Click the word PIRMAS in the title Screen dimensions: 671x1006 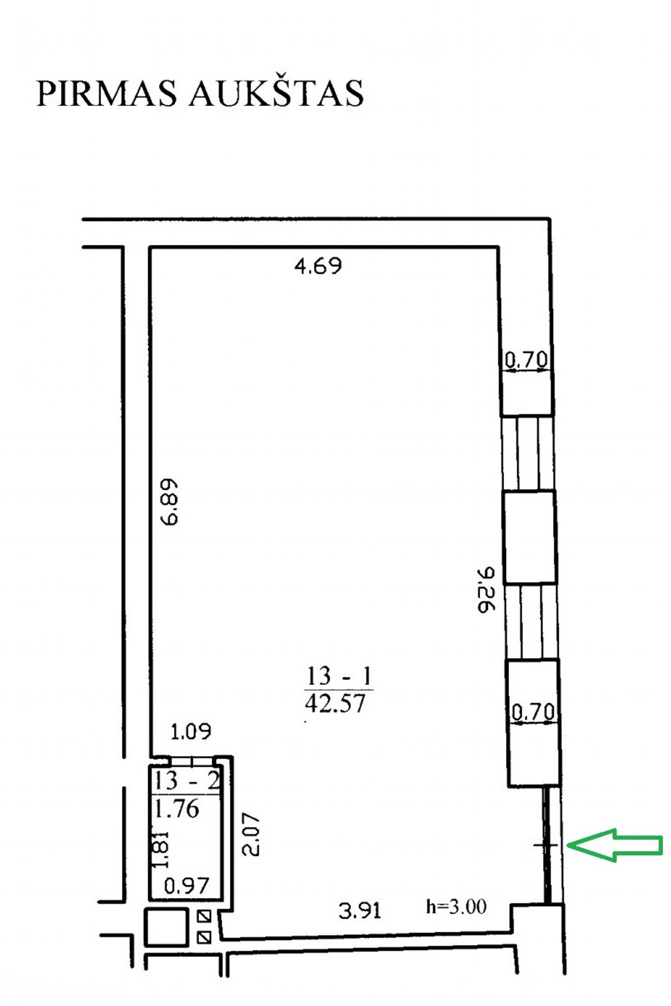tap(106, 94)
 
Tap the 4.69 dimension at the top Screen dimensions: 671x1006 tap(318, 265)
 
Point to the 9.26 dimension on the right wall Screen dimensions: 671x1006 tap(485, 589)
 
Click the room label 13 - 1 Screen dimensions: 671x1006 tap(339, 676)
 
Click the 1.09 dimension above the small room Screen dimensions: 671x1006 tap(191, 731)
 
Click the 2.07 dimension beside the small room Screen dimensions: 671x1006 tap(251, 834)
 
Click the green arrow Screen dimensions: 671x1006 tap(615, 845)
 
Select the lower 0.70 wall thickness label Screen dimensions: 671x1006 tap(533, 711)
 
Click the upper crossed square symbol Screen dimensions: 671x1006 tap(204, 916)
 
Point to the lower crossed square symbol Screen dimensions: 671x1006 tap(204, 937)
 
